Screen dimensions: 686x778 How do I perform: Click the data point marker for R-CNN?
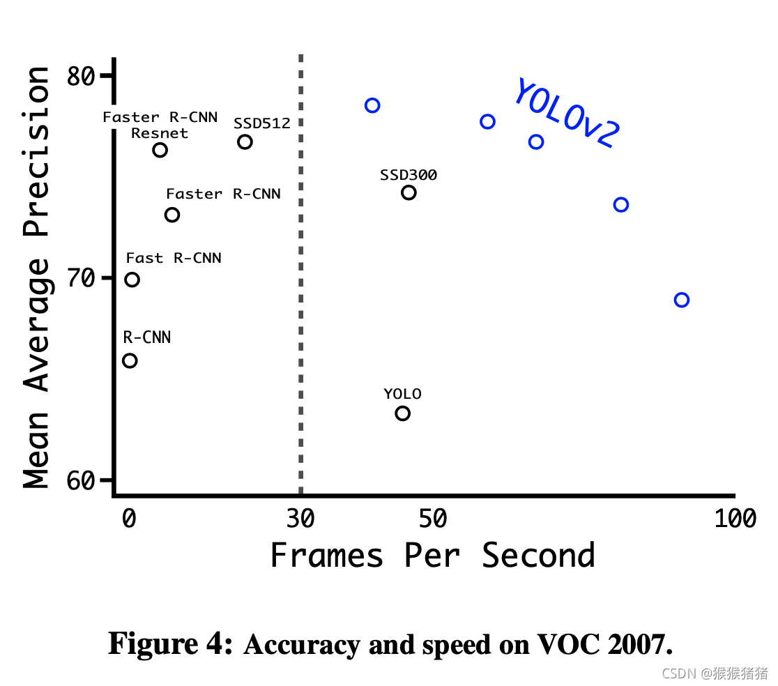(x=130, y=360)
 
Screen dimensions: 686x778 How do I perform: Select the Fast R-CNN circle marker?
(x=132, y=280)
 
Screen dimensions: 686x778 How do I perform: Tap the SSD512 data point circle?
(x=245, y=142)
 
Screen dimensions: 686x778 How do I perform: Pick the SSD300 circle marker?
(x=409, y=192)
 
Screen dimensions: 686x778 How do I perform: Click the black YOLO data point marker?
(x=402, y=413)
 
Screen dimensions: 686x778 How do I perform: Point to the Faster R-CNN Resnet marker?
(x=160, y=150)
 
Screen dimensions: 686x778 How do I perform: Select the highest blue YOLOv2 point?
(x=372, y=105)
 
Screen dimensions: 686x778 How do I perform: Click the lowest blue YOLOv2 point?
(x=682, y=300)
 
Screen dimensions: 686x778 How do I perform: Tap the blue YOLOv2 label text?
(x=565, y=114)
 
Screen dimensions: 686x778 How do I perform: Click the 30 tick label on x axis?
(x=300, y=518)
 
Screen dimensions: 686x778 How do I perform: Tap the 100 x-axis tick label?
(x=735, y=518)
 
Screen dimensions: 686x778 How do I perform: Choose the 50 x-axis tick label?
(x=433, y=518)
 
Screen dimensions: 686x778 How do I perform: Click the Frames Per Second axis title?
(x=432, y=556)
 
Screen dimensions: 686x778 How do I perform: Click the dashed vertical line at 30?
(x=300, y=279)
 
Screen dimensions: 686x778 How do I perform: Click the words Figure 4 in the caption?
(x=170, y=643)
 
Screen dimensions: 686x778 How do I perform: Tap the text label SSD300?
(x=409, y=175)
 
